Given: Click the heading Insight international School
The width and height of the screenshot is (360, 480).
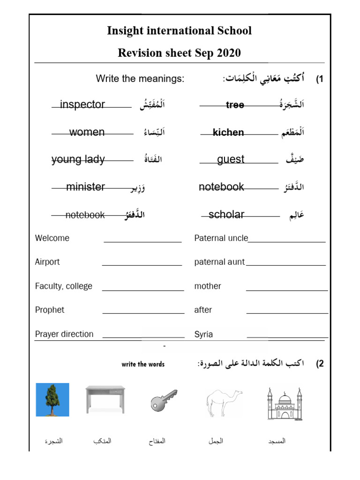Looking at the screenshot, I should pyautogui.click(x=180, y=31).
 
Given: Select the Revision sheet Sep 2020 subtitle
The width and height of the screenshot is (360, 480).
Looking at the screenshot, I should pyautogui.click(x=180, y=53).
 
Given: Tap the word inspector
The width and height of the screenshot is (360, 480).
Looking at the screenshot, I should pyautogui.click(x=82, y=105).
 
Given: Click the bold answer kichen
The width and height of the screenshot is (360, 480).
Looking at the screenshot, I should pyautogui.click(x=228, y=133).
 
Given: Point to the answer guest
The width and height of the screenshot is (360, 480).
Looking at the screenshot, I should pyautogui.click(x=231, y=159).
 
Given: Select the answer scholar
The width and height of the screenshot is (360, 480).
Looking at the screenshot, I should pyautogui.click(x=226, y=215).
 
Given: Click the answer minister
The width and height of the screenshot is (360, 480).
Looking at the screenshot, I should pyautogui.click(x=85, y=187).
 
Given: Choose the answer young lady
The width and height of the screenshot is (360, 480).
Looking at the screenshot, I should pyautogui.click(x=78, y=159).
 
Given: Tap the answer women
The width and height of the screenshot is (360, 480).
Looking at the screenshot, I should pyautogui.click(x=87, y=132).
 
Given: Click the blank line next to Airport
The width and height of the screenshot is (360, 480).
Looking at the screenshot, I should pyautogui.click(x=142, y=264).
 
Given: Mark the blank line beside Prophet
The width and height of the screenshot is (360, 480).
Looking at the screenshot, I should pyautogui.click(x=143, y=313).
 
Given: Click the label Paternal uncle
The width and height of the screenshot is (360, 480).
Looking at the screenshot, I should pyautogui.click(x=221, y=238).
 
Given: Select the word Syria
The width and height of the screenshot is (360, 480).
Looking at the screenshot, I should pyautogui.click(x=203, y=334).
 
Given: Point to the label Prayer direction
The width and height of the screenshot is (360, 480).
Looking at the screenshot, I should pyautogui.click(x=64, y=334).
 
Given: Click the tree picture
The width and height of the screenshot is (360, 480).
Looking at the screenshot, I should pyautogui.click(x=52, y=399).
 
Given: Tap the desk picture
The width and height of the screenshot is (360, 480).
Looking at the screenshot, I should pyautogui.click(x=105, y=399).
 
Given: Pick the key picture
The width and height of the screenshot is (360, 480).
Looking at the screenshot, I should pyautogui.click(x=164, y=400).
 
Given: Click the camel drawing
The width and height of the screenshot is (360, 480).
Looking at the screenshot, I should pyautogui.click(x=224, y=402).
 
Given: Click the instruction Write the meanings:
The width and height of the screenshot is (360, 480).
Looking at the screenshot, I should pyautogui.click(x=140, y=79).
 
